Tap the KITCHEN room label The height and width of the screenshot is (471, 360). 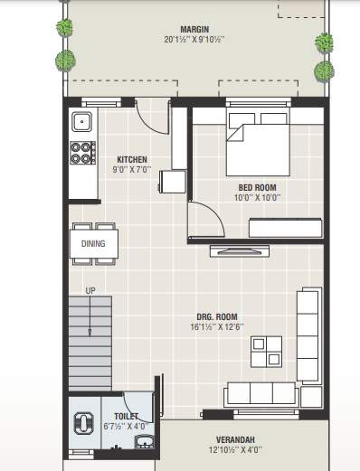(131, 160)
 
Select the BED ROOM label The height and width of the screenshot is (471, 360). (257, 188)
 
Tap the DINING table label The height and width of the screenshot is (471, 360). (92, 243)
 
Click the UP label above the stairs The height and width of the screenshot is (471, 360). (90, 291)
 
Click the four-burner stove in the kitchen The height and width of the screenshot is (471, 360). (82, 151)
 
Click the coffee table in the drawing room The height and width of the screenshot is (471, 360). (266, 350)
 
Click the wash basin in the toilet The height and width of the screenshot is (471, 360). (143, 442)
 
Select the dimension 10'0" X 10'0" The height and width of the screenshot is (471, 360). (257, 199)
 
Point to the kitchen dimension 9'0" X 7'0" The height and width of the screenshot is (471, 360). (131, 170)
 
